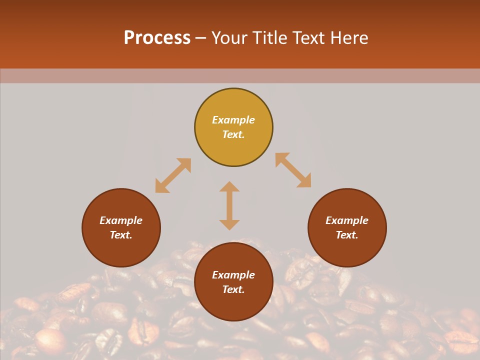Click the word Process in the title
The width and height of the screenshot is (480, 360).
pos(157,38)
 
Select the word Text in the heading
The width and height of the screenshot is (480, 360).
pos(307,38)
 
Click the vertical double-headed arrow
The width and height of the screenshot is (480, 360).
pos(229,205)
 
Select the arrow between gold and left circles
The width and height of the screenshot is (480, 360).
pos(173,175)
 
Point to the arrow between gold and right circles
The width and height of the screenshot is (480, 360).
pos(293,170)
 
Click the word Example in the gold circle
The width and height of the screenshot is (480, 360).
pos(233,120)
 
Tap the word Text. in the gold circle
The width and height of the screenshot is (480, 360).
pos(233,134)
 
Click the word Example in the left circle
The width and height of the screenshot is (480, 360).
pos(121,220)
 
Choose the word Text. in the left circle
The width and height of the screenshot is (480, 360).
pos(121,235)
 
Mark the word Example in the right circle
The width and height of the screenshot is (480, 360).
pos(347,220)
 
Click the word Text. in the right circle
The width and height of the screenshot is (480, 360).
pos(347,235)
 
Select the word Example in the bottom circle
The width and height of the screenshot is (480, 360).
pos(233,275)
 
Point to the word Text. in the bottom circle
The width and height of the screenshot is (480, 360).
pos(233,289)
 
